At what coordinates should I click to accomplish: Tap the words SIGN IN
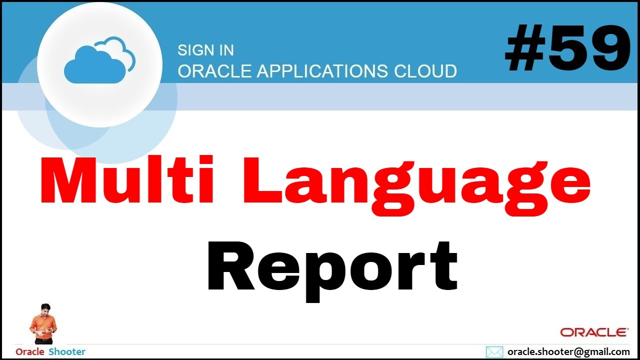point(205,50)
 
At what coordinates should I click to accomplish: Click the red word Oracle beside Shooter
point(30,352)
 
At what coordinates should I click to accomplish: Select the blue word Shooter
point(67,352)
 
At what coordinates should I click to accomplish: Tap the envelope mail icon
point(494,352)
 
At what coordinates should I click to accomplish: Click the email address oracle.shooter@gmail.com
point(568,352)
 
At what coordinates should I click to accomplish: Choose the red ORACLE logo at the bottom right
point(594,332)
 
